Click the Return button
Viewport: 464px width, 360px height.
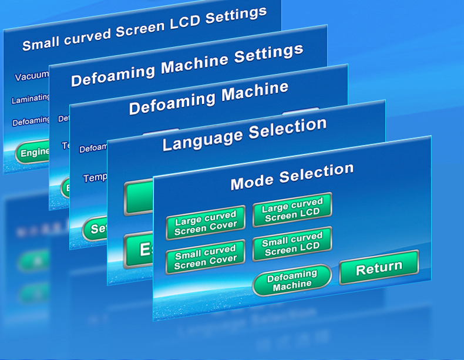379,268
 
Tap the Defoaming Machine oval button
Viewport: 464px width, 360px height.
292,280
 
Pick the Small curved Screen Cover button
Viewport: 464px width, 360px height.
205,258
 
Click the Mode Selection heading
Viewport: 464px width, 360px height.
292,177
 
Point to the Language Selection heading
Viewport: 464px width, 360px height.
244,134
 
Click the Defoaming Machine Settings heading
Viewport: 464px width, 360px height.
187,65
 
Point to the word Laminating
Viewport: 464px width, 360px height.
31,99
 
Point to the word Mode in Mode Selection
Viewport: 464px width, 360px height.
252,181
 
